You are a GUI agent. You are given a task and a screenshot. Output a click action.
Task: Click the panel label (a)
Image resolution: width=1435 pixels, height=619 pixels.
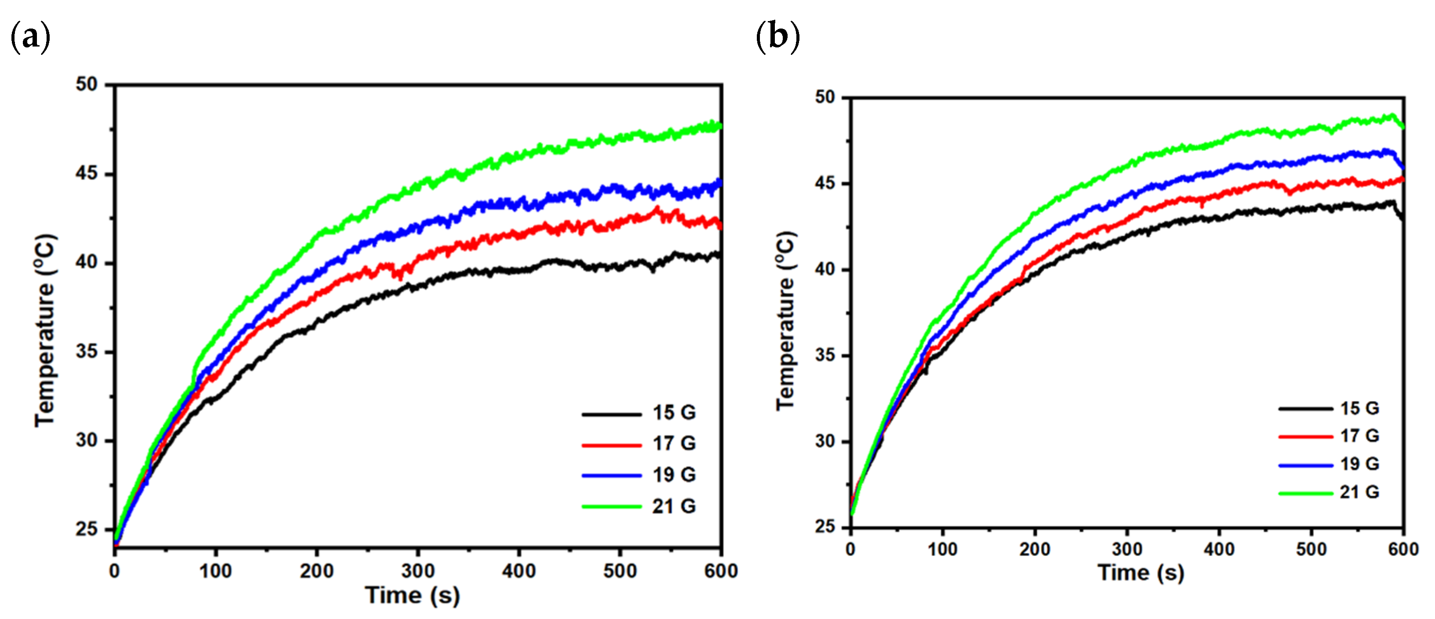(31, 38)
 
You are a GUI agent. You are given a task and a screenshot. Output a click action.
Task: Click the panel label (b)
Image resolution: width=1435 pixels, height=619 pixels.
(777, 38)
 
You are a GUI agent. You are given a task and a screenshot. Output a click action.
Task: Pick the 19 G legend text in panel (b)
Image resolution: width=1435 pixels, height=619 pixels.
(1359, 464)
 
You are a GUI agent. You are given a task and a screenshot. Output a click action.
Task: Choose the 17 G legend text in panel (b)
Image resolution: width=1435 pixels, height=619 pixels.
(1359, 435)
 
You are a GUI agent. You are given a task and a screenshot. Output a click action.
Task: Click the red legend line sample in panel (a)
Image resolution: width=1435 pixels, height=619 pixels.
(611, 445)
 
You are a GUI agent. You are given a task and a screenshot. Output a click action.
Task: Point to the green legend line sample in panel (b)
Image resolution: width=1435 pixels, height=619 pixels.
(1305, 493)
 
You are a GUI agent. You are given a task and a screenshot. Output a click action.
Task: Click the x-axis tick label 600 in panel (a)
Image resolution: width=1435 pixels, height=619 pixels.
(721, 571)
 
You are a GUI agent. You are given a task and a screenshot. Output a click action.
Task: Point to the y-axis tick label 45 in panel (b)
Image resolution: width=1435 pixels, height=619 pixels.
(825, 183)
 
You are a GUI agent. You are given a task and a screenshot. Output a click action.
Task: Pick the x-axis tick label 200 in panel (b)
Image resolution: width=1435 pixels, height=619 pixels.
(1035, 550)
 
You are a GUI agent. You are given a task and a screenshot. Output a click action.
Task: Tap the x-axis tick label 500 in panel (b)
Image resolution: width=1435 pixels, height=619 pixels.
(1311, 550)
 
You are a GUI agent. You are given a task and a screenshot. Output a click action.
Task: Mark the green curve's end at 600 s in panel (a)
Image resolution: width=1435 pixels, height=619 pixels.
(720, 126)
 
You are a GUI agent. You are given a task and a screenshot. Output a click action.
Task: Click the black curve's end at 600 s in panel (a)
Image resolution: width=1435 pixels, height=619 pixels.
(720, 255)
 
